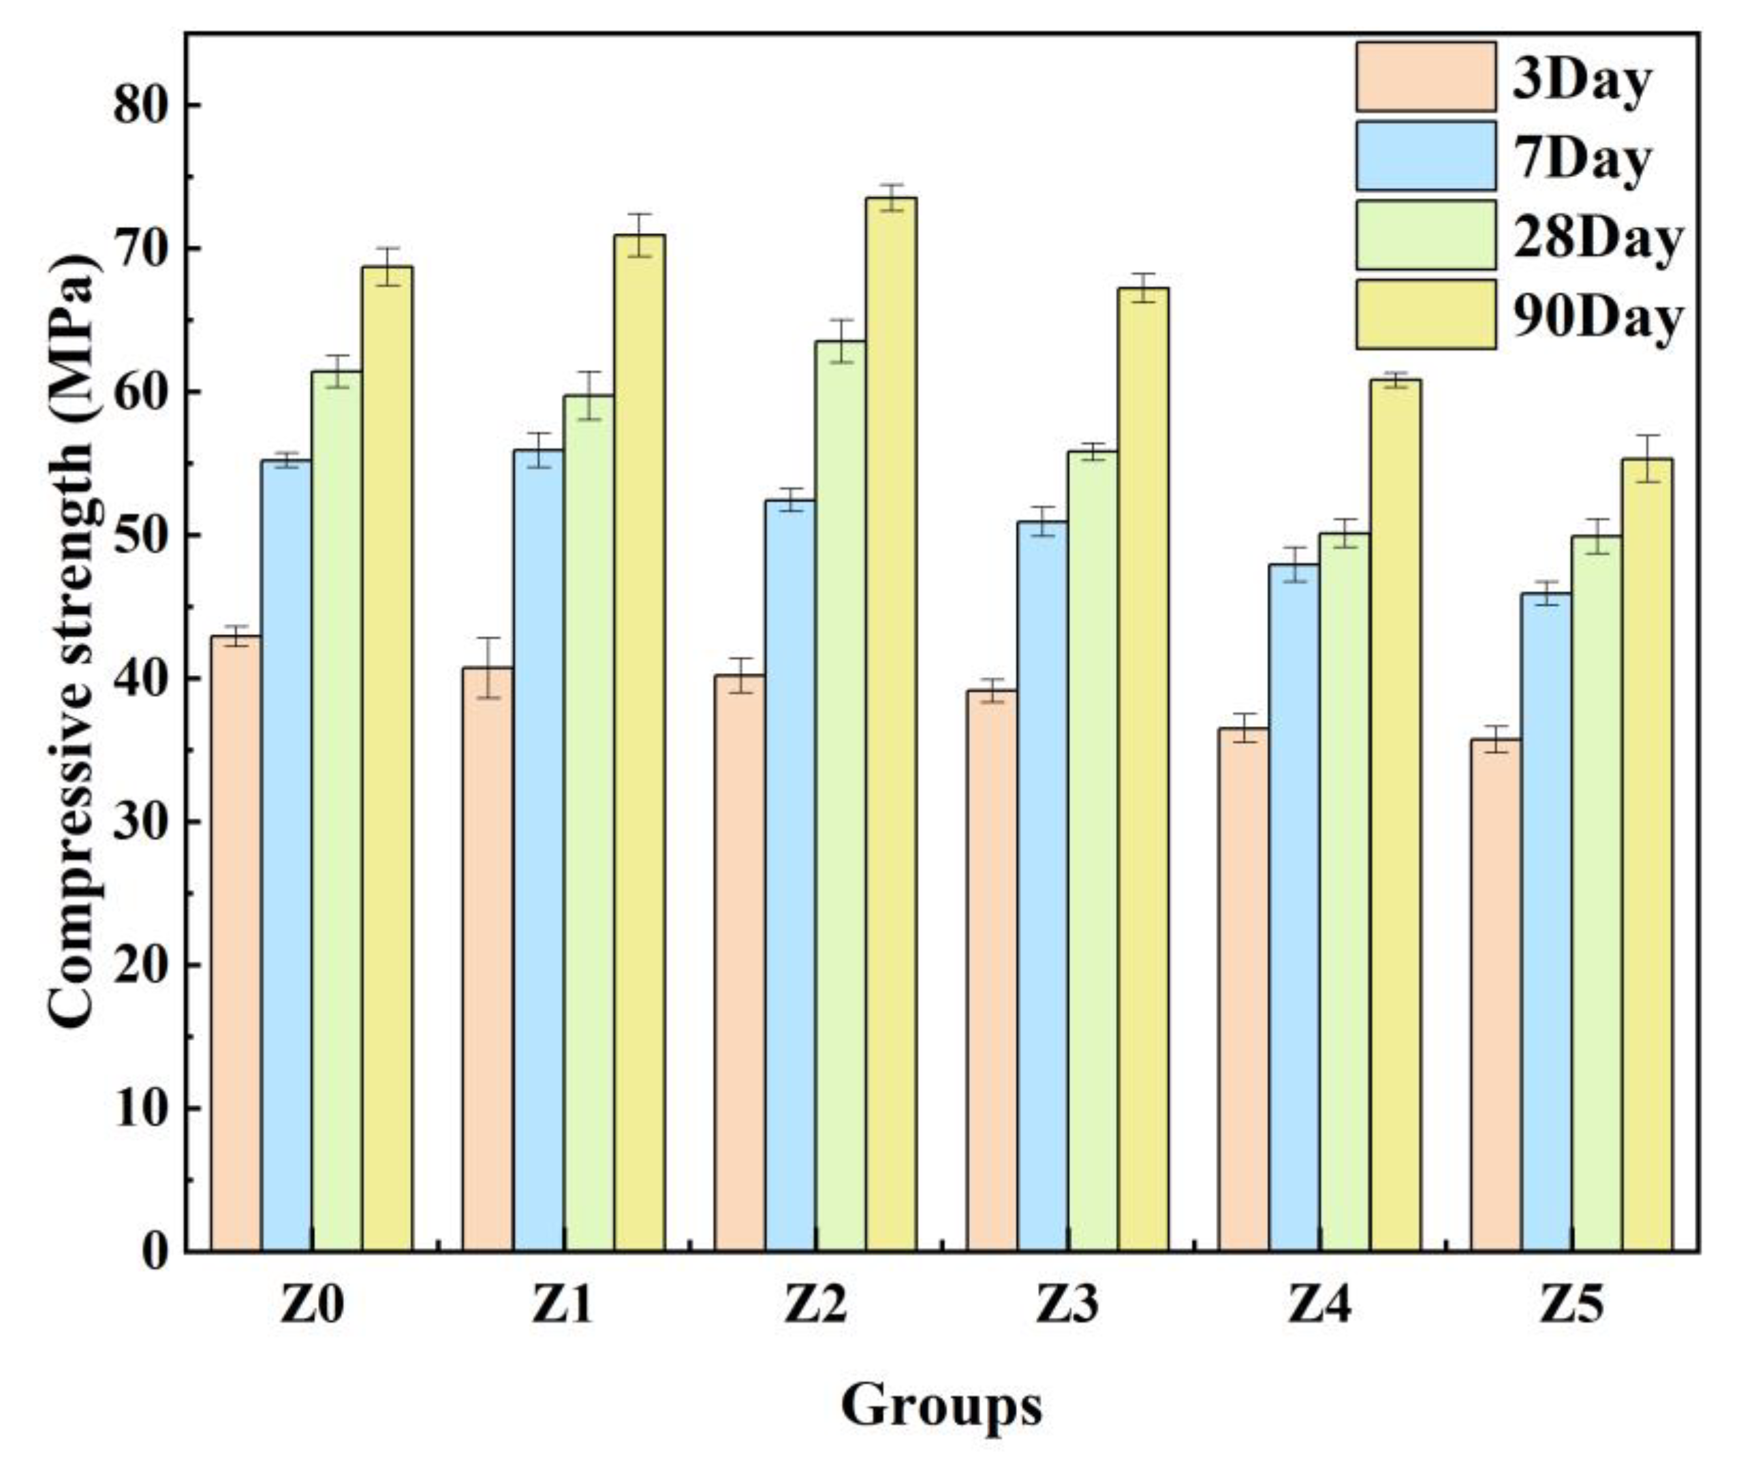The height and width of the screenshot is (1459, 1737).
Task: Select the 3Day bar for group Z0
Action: pyautogui.click(x=236, y=943)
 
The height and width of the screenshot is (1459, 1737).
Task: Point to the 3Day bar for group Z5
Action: pyautogui.click(x=1495, y=993)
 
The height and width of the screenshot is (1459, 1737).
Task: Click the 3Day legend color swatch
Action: pyautogui.click(x=1425, y=77)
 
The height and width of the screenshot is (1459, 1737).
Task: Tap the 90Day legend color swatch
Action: pyautogui.click(x=1425, y=314)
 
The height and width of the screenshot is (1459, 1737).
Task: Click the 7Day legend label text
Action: pyautogui.click(x=1582, y=158)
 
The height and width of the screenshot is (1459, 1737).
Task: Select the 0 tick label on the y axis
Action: pyautogui.click(x=155, y=1252)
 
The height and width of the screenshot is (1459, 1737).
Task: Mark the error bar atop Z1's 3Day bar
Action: pyautogui.click(x=488, y=668)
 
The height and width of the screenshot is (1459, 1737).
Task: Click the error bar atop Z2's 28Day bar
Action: pyautogui.click(x=841, y=341)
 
